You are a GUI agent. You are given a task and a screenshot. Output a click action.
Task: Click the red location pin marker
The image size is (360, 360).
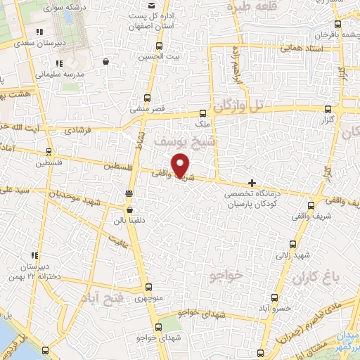181,164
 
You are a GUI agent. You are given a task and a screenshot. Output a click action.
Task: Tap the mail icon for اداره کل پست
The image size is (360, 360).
134,6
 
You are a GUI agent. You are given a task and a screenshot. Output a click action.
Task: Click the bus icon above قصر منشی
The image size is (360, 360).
148,98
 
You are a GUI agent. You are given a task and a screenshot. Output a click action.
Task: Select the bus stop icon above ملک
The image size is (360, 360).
203,112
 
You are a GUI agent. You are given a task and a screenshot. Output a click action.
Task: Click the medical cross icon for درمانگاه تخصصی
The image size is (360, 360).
252,183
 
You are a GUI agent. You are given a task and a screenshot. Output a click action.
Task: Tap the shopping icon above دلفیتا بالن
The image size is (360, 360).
129,210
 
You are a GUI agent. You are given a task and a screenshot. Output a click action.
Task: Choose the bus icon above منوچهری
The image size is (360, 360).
148,287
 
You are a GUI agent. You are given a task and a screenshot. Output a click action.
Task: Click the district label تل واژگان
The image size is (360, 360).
242,105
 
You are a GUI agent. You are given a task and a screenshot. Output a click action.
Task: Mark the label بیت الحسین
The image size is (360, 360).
153,56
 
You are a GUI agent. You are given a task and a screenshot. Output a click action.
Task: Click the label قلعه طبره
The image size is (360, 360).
248,7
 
